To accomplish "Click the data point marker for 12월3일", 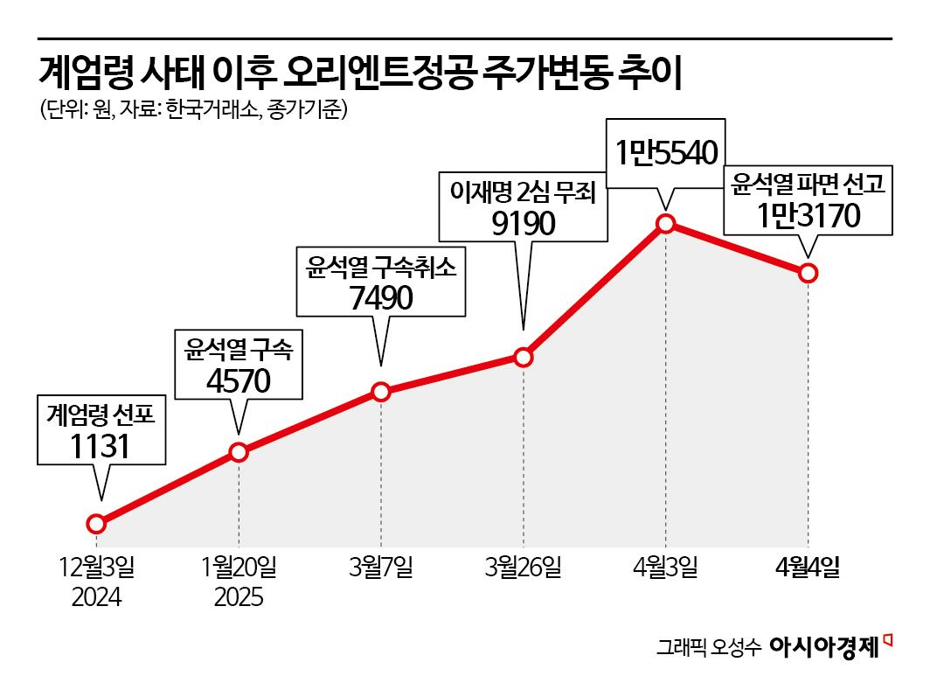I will [97, 524].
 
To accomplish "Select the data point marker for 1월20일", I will [239, 452].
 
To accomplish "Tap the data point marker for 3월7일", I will [381, 392].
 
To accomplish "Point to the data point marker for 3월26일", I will [523, 357].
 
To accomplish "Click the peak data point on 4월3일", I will [665, 224].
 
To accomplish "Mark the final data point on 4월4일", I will [808, 273].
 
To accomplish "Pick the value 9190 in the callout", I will [523, 223].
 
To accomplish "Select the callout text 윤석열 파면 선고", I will [809, 184].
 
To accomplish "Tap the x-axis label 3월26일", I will [523, 568].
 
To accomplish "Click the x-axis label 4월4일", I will [808, 568].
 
